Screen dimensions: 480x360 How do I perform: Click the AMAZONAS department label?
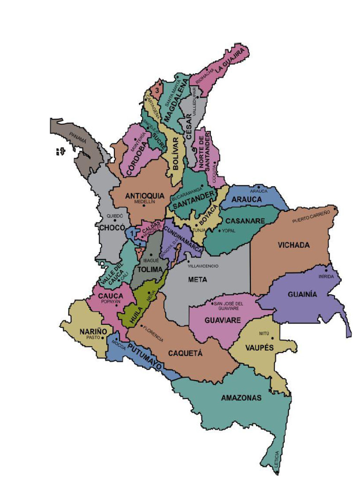point(241,398)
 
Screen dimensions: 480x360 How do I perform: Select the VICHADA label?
point(293,245)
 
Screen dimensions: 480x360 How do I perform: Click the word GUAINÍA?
point(302,294)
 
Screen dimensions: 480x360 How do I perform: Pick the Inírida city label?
point(327,277)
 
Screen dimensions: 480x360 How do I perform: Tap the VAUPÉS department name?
point(257,348)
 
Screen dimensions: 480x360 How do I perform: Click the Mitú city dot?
point(272,338)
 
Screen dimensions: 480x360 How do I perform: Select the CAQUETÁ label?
point(185,353)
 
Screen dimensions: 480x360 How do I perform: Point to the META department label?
point(197,280)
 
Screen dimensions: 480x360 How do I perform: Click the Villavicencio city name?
point(203,266)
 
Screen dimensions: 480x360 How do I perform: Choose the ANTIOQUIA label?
point(144,195)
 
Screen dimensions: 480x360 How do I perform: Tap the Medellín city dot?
point(144,205)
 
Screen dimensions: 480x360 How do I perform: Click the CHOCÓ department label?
point(112,227)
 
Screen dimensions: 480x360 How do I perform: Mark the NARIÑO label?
point(93,331)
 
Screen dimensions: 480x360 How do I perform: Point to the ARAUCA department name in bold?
point(247,200)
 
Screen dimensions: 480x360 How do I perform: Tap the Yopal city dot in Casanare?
point(219,231)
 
